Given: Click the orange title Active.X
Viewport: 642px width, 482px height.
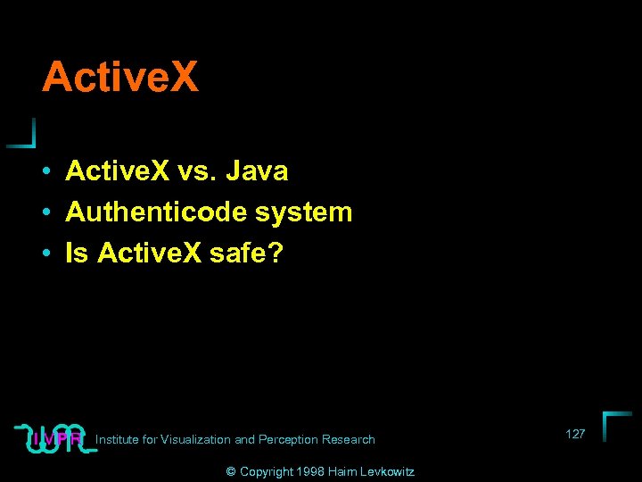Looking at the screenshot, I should click(119, 77).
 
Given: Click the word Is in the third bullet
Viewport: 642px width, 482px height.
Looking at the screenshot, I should click(77, 254).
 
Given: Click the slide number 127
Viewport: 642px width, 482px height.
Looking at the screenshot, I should click(575, 434).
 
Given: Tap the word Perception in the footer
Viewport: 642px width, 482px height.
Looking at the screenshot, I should click(288, 439).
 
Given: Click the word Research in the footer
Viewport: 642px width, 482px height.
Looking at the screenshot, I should click(349, 439).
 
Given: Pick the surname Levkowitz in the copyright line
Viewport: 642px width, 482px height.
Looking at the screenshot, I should click(385, 471).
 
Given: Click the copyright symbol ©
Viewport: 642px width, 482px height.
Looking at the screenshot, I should click(231, 471).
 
